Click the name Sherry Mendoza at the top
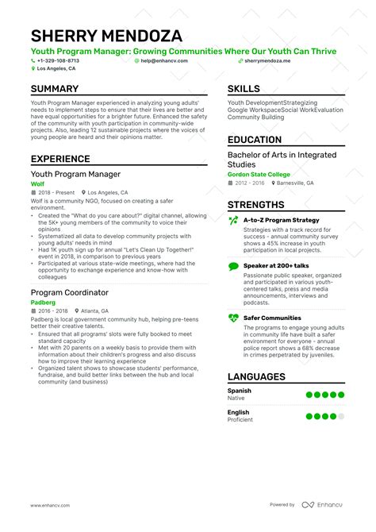click(x=106, y=36)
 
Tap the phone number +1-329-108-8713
click(x=58, y=60)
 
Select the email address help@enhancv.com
click(x=166, y=60)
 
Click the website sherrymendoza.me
click(x=267, y=60)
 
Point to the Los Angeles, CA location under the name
click(x=56, y=69)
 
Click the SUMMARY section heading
click(x=55, y=89)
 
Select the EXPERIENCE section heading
click(x=60, y=159)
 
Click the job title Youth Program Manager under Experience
click(x=75, y=174)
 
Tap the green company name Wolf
click(x=38, y=183)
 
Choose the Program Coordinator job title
click(x=69, y=271)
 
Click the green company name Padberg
click(x=43, y=280)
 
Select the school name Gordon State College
click(x=259, y=174)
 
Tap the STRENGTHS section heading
click(x=256, y=204)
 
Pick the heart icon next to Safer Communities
click(x=232, y=295)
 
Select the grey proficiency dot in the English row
click(x=341, y=416)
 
